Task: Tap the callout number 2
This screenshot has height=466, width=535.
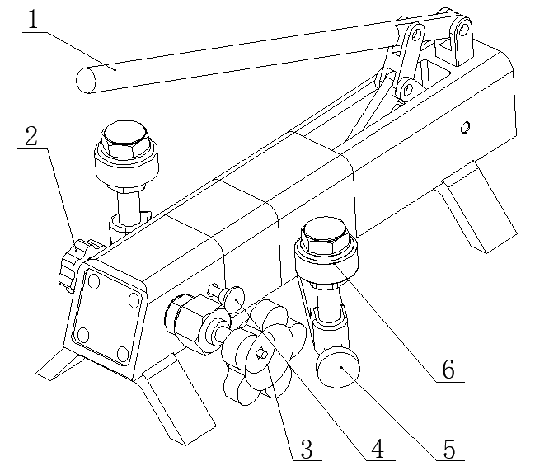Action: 31,137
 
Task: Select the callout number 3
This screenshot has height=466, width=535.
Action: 305,450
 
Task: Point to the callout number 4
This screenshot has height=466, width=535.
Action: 377,450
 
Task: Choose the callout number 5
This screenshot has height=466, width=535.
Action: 449,450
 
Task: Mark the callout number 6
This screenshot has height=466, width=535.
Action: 448,370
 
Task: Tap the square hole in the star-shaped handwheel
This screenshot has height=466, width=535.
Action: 262,355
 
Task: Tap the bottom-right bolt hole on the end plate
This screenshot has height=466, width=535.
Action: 122,353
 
